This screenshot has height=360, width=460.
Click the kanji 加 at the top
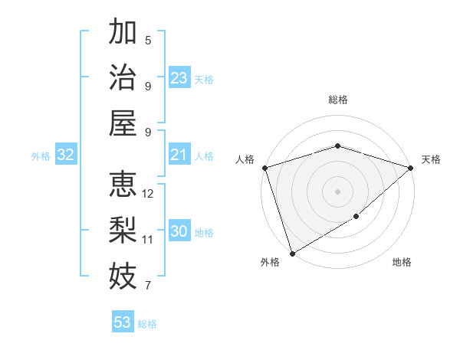pyautogui.click(x=123, y=34)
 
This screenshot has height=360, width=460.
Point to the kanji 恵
pyautogui.click(x=123, y=185)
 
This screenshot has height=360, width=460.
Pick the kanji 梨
pyautogui.click(x=123, y=230)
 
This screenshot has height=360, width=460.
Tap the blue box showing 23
pyautogui.click(x=179, y=78)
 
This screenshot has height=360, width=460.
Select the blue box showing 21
pyautogui.click(x=179, y=155)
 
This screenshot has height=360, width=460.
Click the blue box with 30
pyautogui.click(x=179, y=231)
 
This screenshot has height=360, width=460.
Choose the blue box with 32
pyautogui.click(x=66, y=155)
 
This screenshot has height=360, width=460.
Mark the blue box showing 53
pyautogui.click(x=123, y=322)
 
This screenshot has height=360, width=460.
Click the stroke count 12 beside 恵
pyautogui.click(x=148, y=194)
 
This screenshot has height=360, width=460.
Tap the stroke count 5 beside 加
pyautogui.click(x=148, y=41)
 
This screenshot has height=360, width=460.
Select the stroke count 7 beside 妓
pyautogui.click(x=148, y=286)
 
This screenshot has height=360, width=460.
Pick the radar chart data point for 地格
pyautogui.click(x=356, y=218)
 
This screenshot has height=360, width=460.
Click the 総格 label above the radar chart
pyautogui.click(x=338, y=100)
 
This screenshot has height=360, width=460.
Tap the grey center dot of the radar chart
pyautogui.click(x=337, y=191)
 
